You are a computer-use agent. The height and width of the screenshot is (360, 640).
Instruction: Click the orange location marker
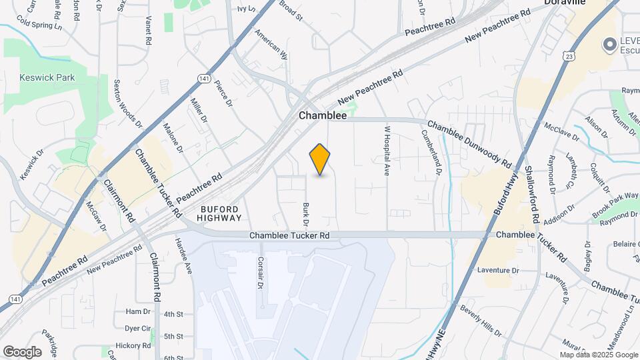tap(320, 159)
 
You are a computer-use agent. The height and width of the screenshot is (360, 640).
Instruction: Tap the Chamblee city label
tap(323, 115)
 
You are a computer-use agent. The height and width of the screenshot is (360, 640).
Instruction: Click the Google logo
tap(22, 351)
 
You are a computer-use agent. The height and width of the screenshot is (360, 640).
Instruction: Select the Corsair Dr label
tap(261, 273)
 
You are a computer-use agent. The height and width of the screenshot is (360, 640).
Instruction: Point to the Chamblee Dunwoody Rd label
tap(469, 143)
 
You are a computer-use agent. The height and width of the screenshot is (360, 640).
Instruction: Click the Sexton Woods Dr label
tap(127, 103)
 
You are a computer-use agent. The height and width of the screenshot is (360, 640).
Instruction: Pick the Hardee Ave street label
tap(183, 256)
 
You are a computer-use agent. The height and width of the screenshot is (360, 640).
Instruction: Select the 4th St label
tap(173, 314)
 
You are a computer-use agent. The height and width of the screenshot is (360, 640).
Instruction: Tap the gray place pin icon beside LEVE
tap(609, 45)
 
